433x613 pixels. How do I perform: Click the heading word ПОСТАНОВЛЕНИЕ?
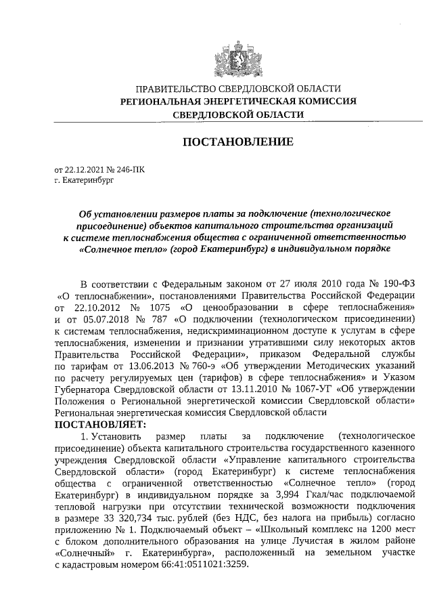coord(237,142)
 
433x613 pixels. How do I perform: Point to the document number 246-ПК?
coord(128,171)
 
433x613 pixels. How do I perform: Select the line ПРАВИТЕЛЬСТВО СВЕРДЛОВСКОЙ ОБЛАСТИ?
coord(237,89)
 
